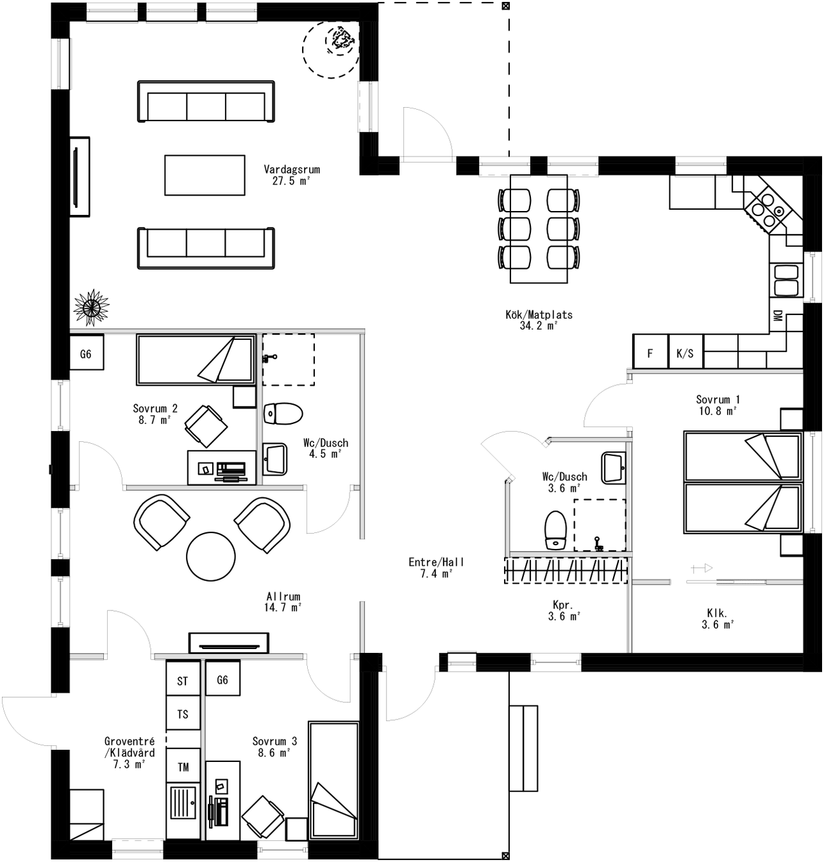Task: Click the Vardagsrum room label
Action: pos(291,175)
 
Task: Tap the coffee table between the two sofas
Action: pos(205,175)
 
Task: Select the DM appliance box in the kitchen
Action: pos(777,316)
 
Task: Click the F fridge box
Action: pos(650,353)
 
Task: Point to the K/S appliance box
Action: pos(685,353)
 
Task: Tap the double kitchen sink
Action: pos(786,280)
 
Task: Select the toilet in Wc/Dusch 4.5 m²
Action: pos(283,414)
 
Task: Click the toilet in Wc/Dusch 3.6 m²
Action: pos(555,530)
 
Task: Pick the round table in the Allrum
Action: pos(210,556)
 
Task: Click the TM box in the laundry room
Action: pos(183,766)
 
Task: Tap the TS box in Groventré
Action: pos(183,714)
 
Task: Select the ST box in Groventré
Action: pos(183,680)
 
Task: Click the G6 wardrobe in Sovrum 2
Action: pos(86,353)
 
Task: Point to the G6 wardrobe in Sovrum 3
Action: pos(223,679)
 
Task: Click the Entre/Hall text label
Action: pos(436,568)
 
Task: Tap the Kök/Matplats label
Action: pos(539,320)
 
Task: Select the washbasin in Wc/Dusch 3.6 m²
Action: pos(614,468)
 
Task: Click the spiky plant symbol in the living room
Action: pos(90,307)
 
